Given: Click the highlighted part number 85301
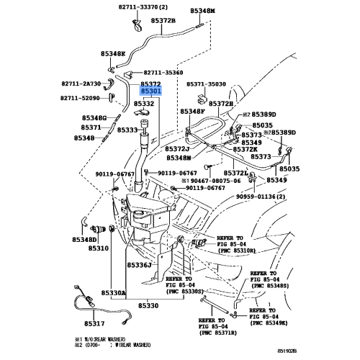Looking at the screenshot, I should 150,93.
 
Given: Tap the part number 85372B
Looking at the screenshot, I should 163,21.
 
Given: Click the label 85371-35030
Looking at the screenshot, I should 206,84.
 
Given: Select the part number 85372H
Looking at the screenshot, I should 221,104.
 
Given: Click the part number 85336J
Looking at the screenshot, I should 141,265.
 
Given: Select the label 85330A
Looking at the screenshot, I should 113,293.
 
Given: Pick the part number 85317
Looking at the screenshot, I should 94,324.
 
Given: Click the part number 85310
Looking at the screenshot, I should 98,248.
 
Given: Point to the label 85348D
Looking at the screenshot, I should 84,240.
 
